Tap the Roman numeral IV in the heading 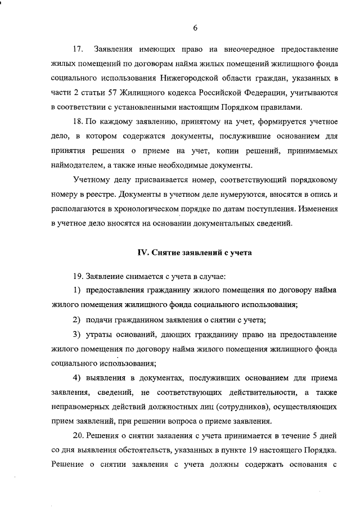(143, 253)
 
